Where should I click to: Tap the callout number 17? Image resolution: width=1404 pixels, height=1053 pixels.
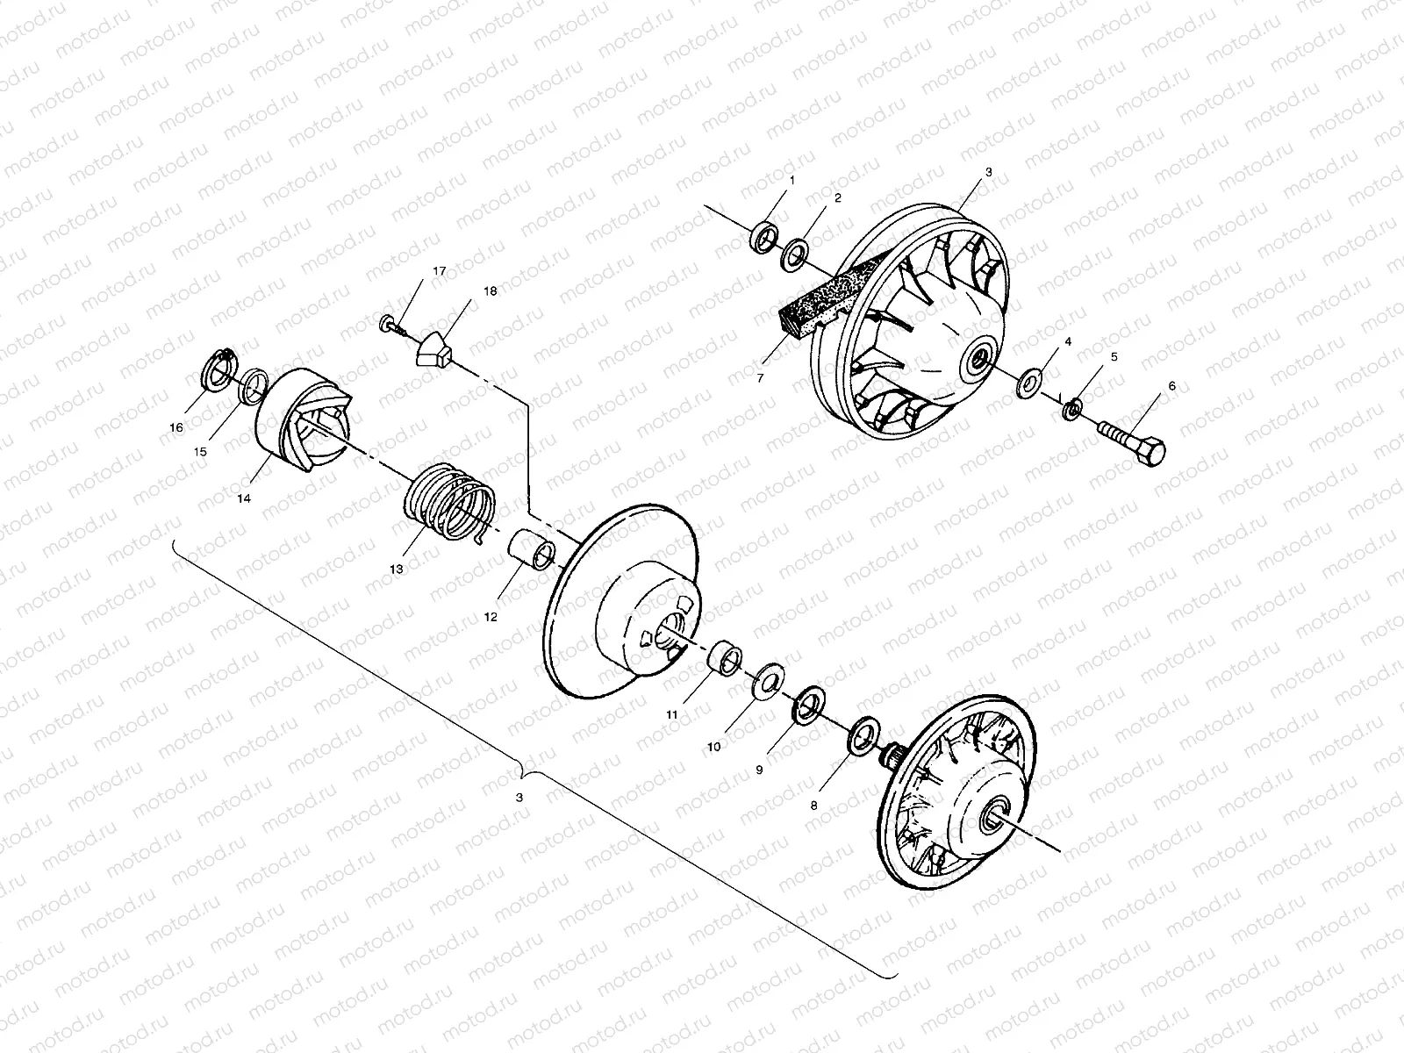439,271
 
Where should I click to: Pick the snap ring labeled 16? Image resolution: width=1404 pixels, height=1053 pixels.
218,369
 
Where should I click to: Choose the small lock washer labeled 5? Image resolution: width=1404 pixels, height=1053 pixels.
1071,408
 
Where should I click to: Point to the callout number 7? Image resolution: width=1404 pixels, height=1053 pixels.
760,377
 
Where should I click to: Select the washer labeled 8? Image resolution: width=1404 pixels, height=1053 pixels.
864,734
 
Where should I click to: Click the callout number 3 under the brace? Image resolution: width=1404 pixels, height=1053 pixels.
519,798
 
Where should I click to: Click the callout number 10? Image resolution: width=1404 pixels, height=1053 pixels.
713,746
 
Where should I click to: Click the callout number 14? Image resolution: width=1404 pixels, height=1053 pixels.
243,498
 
